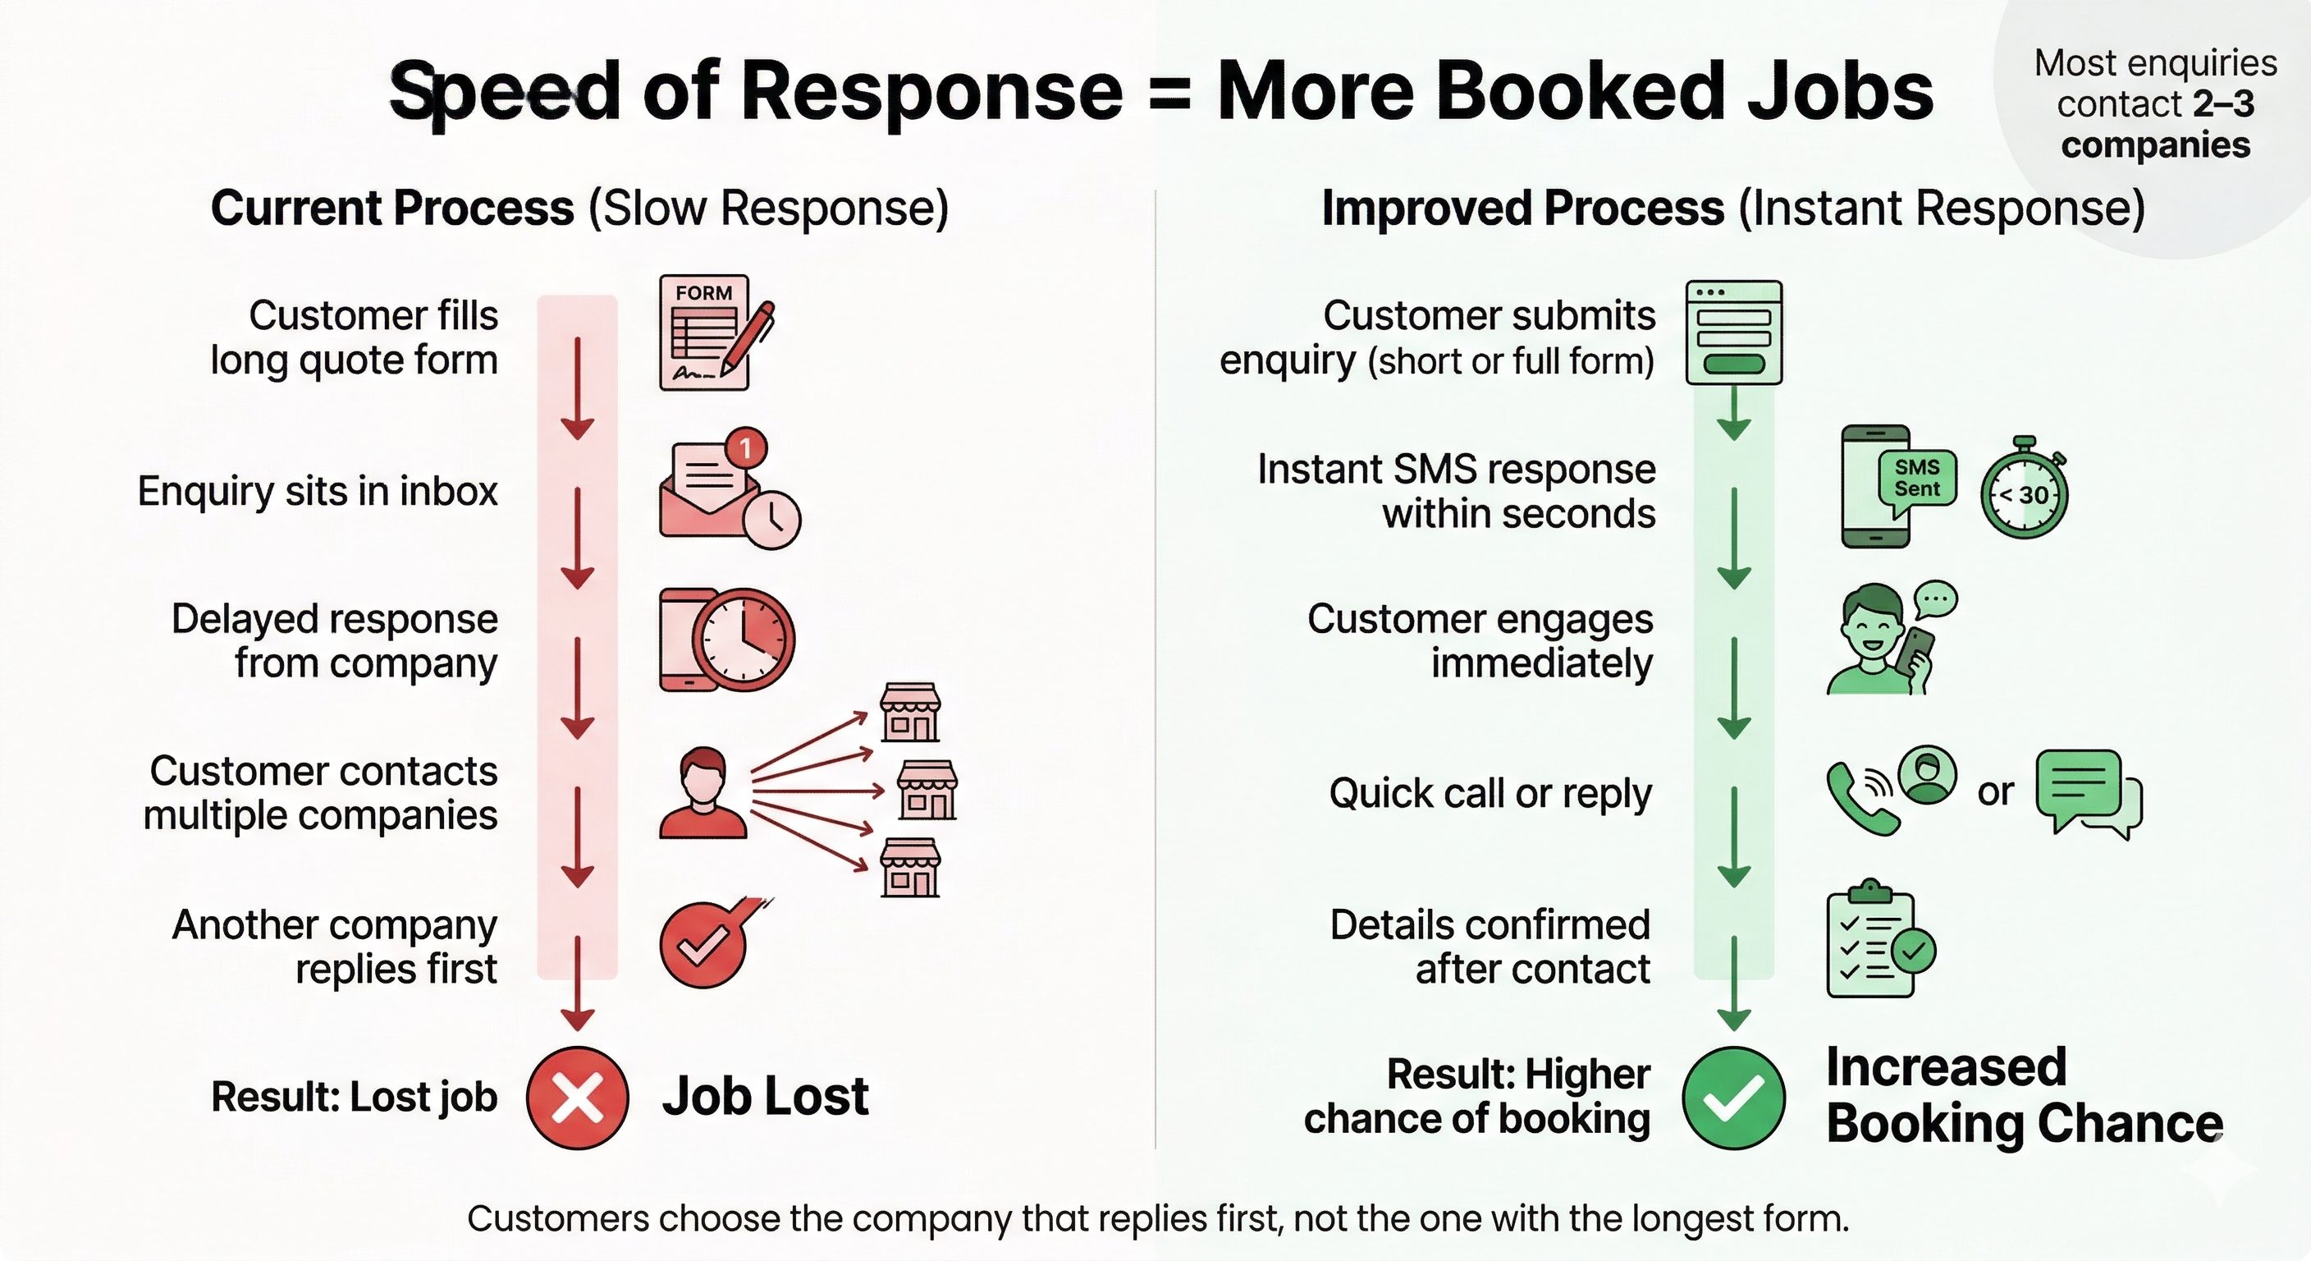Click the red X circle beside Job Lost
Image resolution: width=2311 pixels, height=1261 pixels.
(x=577, y=1098)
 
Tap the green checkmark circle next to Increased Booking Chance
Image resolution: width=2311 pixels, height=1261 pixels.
(x=1733, y=1098)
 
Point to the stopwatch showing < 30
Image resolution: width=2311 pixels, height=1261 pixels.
(x=2024, y=493)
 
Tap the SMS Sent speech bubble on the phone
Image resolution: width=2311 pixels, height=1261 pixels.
(x=1917, y=479)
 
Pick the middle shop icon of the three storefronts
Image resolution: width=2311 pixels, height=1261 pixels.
(x=927, y=790)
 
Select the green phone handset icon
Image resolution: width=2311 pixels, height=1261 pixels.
(x=1860, y=797)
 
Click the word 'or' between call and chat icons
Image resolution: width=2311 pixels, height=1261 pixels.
(x=1995, y=791)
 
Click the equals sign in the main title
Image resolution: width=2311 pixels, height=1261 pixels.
(x=1169, y=94)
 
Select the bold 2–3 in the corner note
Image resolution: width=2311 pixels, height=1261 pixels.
(x=2222, y=104)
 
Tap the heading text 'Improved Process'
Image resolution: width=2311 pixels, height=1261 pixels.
(x=1522, y=209)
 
